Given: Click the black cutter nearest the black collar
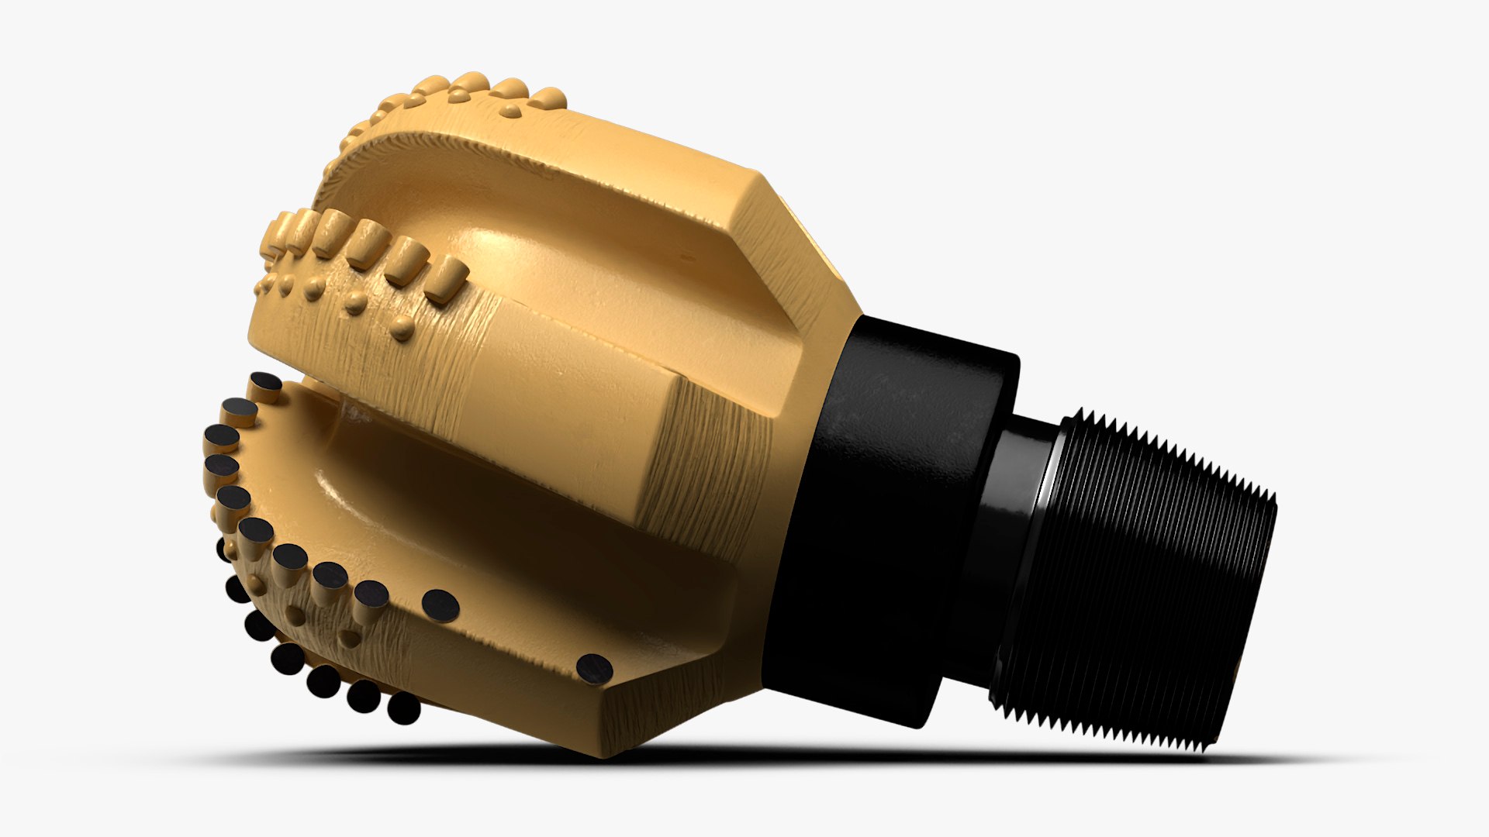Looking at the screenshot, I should [594, 667].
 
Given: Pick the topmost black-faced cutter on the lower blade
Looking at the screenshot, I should [265, 382].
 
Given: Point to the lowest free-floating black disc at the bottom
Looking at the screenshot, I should [403, 709].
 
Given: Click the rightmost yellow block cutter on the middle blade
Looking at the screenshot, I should [447, 279].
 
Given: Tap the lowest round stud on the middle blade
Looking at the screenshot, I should [401, 329].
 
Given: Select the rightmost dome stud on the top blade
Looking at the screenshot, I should [549, 99].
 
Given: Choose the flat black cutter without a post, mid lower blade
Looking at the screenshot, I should [440, 605].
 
